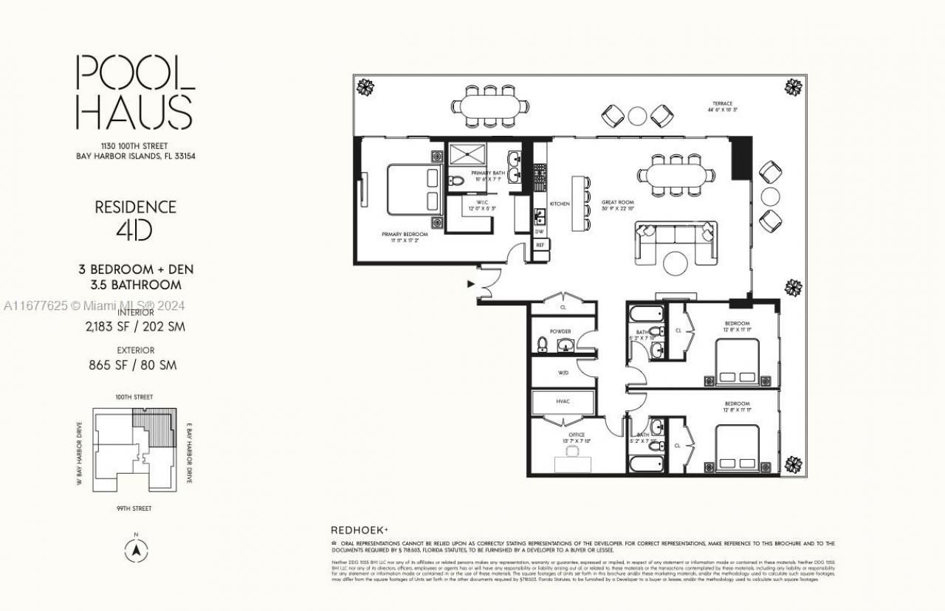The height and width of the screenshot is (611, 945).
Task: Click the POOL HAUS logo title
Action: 135,92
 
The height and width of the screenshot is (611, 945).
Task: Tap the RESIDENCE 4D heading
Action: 135,218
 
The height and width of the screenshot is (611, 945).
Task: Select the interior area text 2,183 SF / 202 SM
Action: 135,327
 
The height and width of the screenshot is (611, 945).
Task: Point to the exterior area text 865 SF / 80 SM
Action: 135,365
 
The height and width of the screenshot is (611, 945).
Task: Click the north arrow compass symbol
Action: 136,550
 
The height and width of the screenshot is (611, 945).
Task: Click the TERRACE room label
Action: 722,104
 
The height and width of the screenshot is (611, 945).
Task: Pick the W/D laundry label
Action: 564,373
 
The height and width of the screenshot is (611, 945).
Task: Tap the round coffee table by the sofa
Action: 676,263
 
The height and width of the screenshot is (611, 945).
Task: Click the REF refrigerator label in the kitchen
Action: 540,244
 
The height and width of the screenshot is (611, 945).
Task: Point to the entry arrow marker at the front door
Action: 470,283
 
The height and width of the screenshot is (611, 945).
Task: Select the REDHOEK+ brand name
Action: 359,530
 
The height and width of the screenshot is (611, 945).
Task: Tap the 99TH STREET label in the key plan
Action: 134,508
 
